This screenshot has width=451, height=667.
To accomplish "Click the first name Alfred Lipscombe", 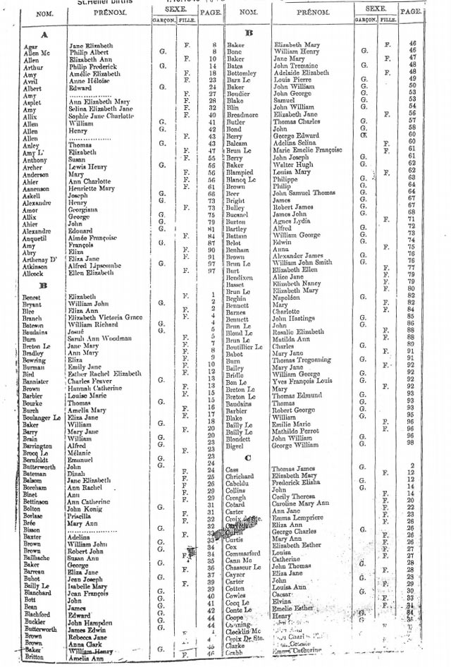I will point(96,264).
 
